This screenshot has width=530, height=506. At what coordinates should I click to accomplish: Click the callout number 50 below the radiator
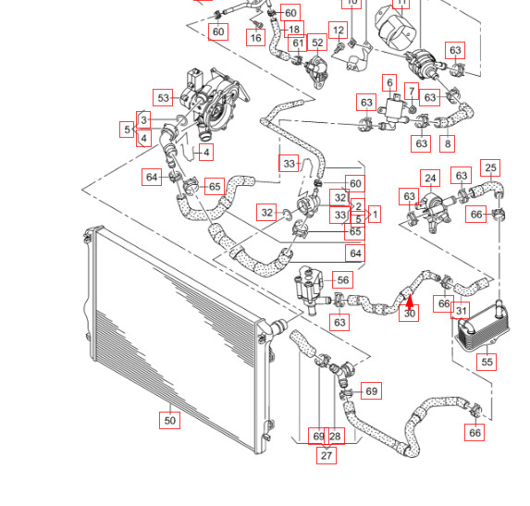[169, 421]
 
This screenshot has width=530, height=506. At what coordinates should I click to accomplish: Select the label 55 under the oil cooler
[487, 363]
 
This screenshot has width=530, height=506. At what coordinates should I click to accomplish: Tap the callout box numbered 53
[164, 97]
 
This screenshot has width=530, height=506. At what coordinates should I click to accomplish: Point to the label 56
[342, 280]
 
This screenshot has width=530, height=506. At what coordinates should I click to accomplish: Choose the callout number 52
[317, 43]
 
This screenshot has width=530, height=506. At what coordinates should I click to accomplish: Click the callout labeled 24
[430, 179]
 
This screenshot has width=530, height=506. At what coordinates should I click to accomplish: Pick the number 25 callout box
[491, 168]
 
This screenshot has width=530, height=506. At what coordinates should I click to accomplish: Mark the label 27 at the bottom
[327, 455]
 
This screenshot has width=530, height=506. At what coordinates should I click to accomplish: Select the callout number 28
[335, 436]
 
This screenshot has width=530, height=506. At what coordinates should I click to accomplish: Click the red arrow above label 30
[410, 298]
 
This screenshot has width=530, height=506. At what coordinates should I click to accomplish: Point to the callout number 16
[255, 38]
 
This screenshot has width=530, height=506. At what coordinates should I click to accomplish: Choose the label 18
[294, 30]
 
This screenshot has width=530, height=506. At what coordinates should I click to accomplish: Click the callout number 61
[298, 43]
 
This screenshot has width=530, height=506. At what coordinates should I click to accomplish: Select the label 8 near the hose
[448, 143]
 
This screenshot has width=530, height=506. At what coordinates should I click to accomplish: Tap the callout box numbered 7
[413, 92]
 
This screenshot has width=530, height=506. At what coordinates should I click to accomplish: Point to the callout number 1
[375, 215]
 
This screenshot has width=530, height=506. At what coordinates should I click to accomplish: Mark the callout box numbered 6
[390, 83]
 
